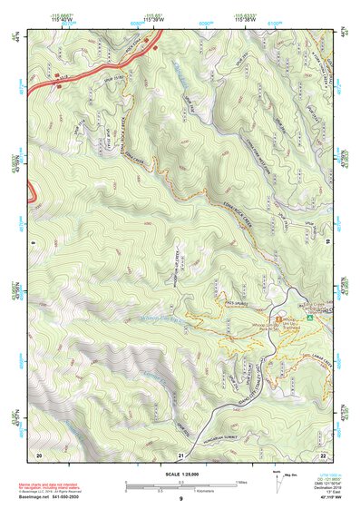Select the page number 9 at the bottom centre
(x=180, y=500)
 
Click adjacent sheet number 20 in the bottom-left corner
(x=39, y=454)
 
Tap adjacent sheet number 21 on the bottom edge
(x=181, y=454)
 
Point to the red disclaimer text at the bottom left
(x=45, y=486)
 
